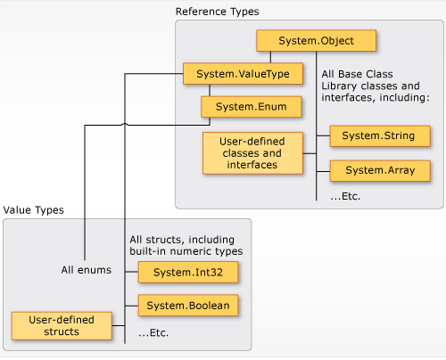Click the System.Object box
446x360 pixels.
click(317, 40)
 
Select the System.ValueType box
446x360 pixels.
click(243, 74)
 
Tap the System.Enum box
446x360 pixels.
click(252, 107)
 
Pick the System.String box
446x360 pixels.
click(380, 136)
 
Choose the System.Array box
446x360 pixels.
click(380, 170)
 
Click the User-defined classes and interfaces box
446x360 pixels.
click(252, 153)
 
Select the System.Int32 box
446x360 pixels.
click(188, 272)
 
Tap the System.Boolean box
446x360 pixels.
click(188, 306)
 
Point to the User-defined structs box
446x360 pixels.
click(62, 326)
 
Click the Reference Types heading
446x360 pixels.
click(218, 12)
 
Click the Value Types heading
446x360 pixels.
click(34, 210)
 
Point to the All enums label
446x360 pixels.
click(87, 270)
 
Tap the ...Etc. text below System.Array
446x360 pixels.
click(345, 196)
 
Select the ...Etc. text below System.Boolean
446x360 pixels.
click(153, 333)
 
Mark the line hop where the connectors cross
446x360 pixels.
click(125, 124)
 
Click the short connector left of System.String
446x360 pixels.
click(323, 136)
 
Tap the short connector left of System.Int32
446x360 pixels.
click(131, 272)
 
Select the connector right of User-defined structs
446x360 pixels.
click(119, 325)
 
